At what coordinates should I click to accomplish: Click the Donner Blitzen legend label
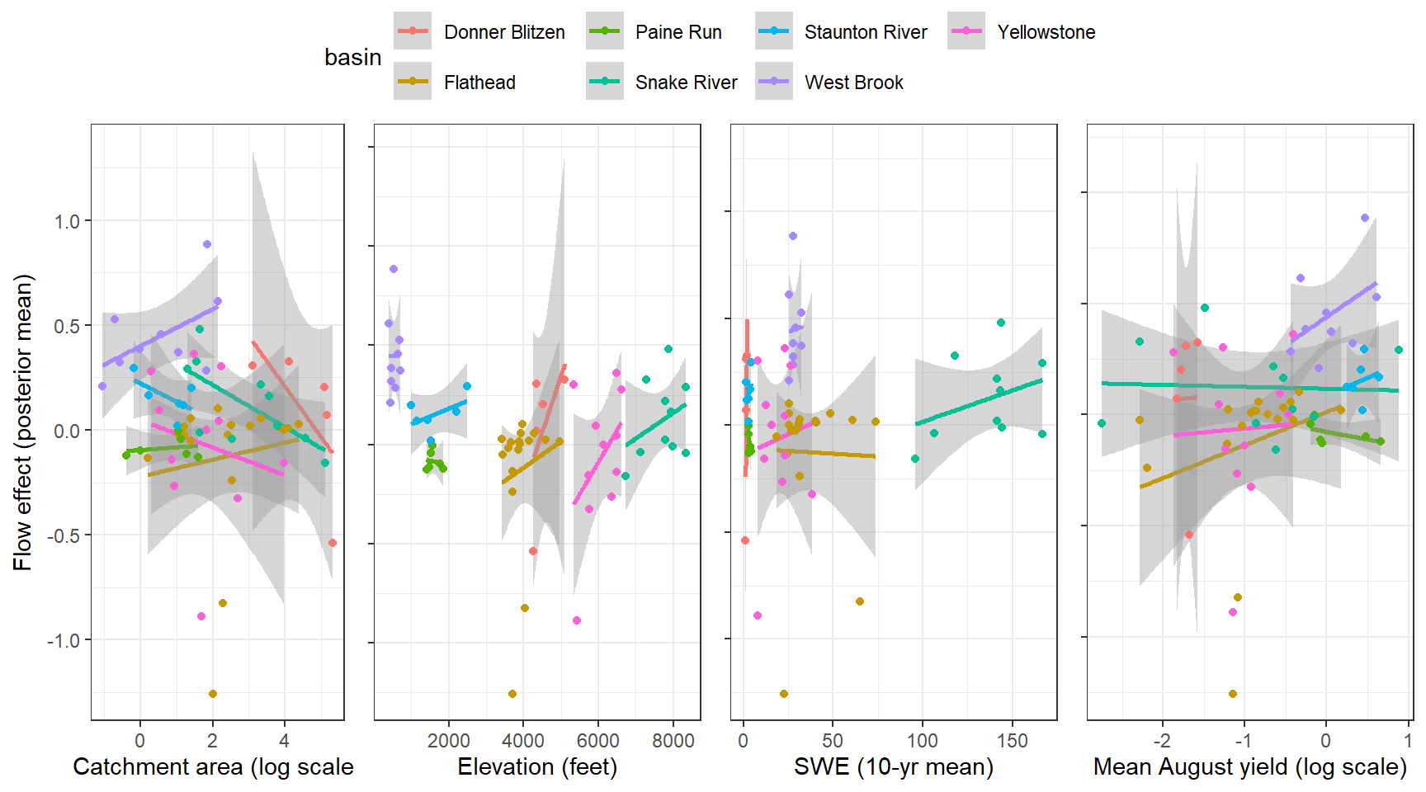(x=504, y=32)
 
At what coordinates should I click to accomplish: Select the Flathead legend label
(x=479, y=82)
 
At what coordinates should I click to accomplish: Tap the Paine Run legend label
(x=678, y=32)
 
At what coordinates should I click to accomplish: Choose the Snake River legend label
(x=686, y=82)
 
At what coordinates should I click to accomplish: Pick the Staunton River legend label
(x=866, y=32)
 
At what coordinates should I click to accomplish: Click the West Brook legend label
(x=854, y=82)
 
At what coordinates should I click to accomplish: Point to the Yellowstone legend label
(x=1046, y=32)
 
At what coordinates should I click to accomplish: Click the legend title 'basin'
(x=352, y=58)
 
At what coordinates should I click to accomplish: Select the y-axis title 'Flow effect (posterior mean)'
(x=23, y=422)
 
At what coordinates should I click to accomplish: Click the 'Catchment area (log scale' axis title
(x=213, y=767)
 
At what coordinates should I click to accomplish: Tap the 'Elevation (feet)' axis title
(x=537, y=767)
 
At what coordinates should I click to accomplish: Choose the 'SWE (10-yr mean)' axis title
(x=894, y=767)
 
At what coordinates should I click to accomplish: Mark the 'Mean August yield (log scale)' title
(x=1249, y=767)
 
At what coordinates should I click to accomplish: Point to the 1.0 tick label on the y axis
(x=67, y=221)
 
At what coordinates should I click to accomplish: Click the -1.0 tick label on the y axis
(x=64, y=640)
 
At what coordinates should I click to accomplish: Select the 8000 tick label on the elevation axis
(x=673, y=741)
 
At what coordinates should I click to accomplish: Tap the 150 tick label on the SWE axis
(x=1012, y=741)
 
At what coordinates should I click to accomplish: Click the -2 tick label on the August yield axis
(x=1161, y=741)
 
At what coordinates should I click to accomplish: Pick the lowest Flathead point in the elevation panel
(x=512, y=694)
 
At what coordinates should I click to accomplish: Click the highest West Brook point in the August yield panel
(x=1365, y=218)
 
